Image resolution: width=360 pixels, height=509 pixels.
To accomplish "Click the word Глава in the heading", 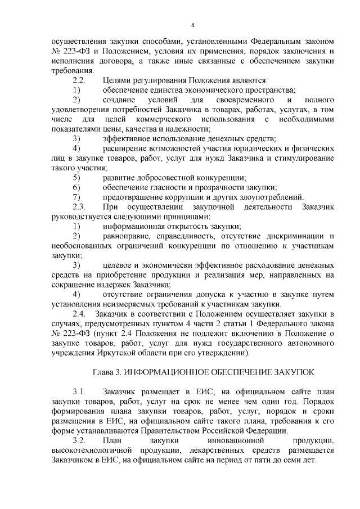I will coord(103,372).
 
